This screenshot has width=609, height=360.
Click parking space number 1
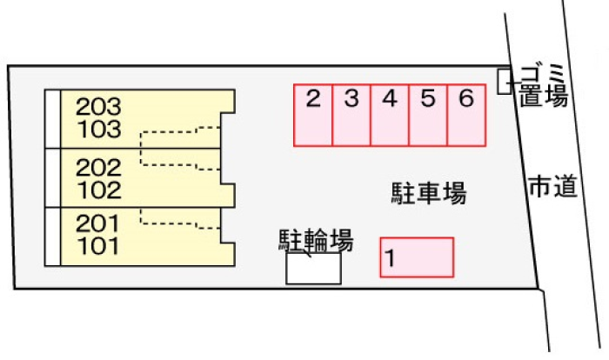[x=417, y=257]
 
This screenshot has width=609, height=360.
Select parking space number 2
[x=312, y=115]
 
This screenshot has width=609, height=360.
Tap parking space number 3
[x=351, y=115]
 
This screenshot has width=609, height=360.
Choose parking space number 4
[x=389, y=115]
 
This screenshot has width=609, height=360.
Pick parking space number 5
[x=427, y=115]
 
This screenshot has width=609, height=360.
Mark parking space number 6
[x=465, y=115]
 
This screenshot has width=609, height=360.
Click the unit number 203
[x=98, y=107]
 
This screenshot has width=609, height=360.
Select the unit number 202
[x=98, y=166]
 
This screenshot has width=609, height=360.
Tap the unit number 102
[x=98, y=189]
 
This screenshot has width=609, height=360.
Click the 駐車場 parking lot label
[x=429, y=193]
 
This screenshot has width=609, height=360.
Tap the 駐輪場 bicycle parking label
[x=316, y=240]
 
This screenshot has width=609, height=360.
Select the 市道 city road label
[x=552, y=185]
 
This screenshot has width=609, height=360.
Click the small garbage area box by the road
[x=504, y=82]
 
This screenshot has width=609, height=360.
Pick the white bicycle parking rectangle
[x=313, y=269]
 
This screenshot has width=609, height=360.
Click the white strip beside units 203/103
[x=52, y=118]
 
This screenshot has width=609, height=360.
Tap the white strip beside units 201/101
[x=52, y=236]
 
